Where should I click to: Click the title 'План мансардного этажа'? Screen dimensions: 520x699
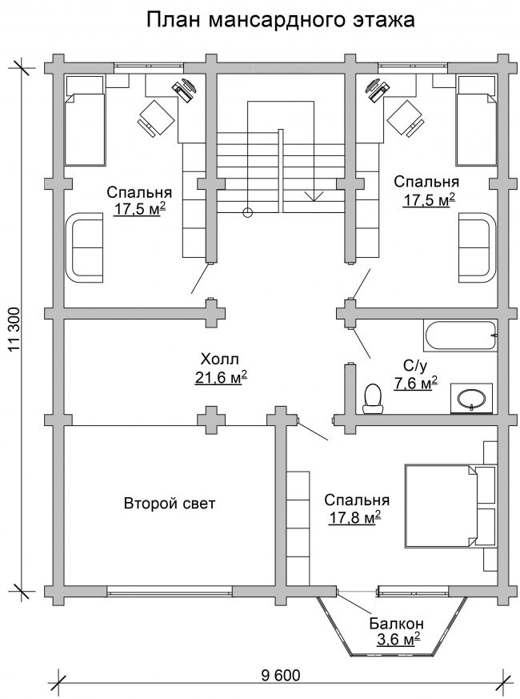281,20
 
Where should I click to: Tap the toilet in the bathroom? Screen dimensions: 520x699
373,399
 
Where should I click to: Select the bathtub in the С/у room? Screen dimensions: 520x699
460,335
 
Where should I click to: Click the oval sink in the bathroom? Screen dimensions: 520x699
472,398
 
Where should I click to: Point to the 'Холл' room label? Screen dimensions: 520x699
220,359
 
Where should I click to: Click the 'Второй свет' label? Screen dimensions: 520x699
170,504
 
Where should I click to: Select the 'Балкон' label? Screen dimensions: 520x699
396,623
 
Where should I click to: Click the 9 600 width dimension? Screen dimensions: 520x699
281,675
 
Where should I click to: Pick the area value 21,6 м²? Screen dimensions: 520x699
221,378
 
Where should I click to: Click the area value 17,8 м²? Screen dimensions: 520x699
354,517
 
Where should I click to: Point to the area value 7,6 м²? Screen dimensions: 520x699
415,383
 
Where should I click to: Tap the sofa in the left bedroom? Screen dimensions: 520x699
85,247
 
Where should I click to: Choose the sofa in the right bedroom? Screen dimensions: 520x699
477,247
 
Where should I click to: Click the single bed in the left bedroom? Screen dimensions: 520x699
85,120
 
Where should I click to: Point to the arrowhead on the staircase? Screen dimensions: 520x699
314,195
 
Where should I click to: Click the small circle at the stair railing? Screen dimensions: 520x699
248,213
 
